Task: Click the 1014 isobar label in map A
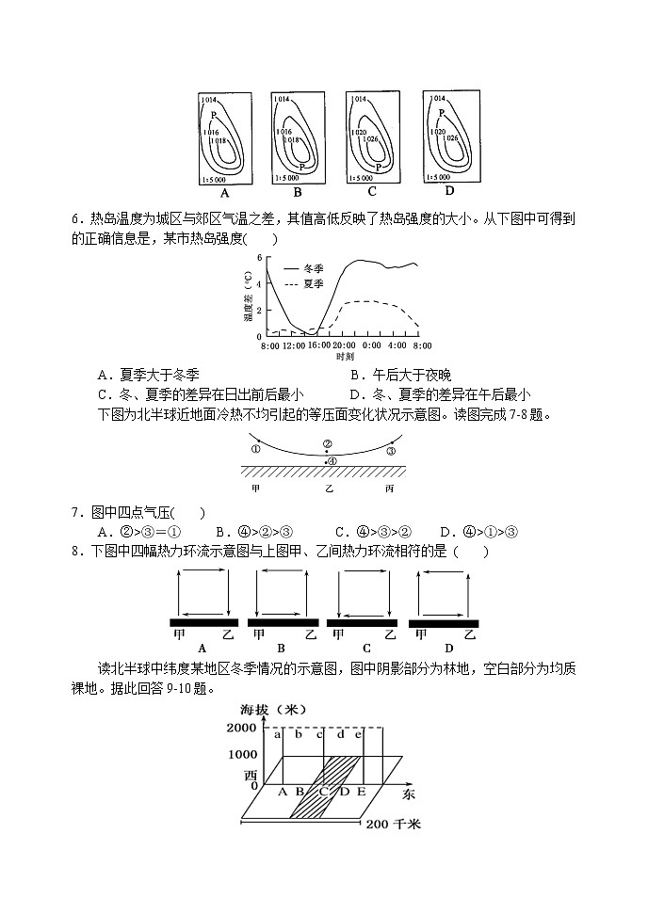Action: pyautogui.click(x=209, y=99)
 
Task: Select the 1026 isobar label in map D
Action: pyautogui.click(x=452, y=138)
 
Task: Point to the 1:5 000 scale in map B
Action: pyautogui.click(x=285, y=177)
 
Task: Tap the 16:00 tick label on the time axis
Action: pyautogui.click(x=318, y=346)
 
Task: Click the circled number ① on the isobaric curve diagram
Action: pyautogui.click(x=256, y=450)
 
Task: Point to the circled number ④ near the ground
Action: pyautogui.click(x=332, y=460)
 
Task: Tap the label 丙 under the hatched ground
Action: pyautogui.click(x=391, y=490)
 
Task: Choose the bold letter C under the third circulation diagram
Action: pyautogui.click(x=366, y=649)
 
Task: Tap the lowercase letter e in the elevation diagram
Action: pyautogui.click(x=358, y=734)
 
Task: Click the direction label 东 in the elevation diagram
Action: pyautogui.click(x=408, y=794)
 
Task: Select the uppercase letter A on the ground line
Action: pyautogui.click(x=283, y=792)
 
